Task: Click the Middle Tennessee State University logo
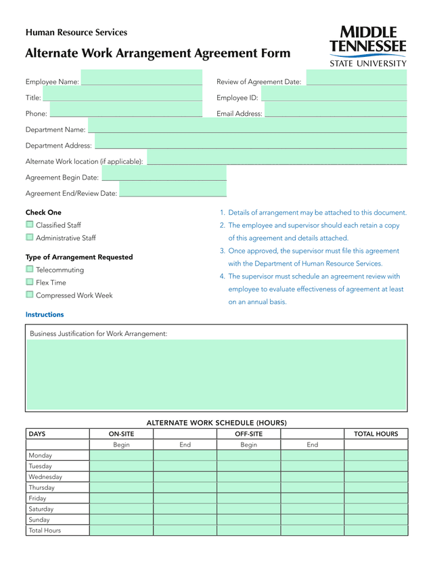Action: point(368,46)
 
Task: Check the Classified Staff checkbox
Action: point(30,225)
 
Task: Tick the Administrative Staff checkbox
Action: point(30,238)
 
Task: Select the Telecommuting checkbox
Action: point(30,270)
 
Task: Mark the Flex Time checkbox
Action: point(30,283)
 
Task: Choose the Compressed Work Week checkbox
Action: point(30,295)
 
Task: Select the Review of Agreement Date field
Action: point(356,79)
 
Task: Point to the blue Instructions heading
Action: point(45,314)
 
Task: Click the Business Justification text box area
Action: point(216,374)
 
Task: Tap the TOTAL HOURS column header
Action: point(376,434)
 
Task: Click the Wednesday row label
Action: point(45,477)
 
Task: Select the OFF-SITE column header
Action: point(248,434)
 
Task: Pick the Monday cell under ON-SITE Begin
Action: point(121,456)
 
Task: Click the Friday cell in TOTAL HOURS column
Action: point(376,499)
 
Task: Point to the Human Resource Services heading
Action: point(76,33)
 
